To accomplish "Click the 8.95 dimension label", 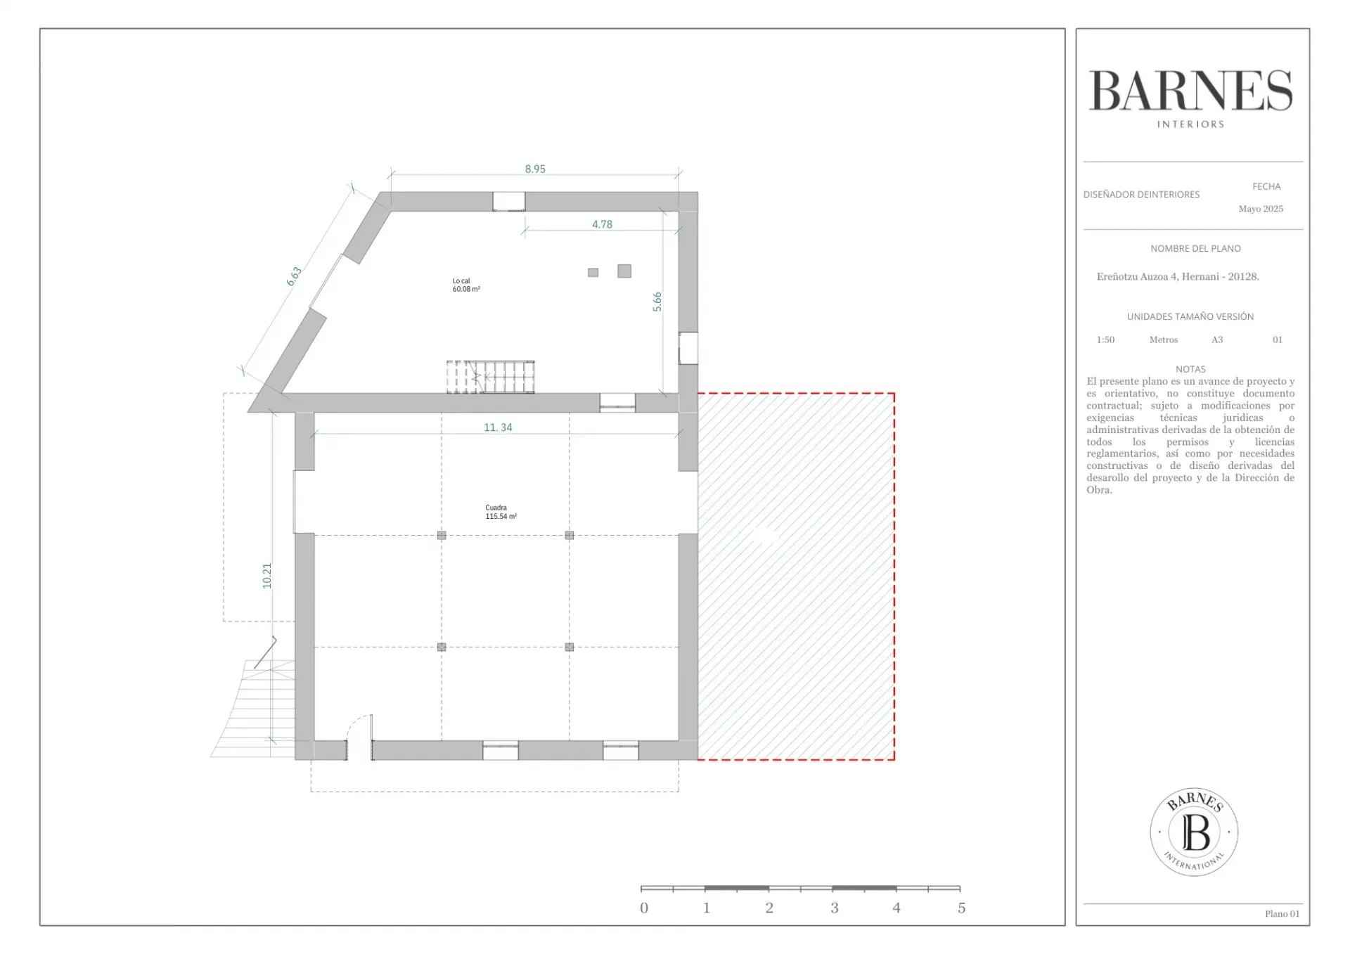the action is [535, 169].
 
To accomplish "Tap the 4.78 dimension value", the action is [602, 224].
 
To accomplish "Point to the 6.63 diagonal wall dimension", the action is [294, 276].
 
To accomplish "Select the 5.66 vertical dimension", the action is [657, 302].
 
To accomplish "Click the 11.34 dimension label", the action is [498, 427].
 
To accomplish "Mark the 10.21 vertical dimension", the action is [266, 576].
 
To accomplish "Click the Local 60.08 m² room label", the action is [466, 285].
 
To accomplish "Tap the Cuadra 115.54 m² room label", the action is [501, 512].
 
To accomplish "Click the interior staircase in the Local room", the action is [490, 377].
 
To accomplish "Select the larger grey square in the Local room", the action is [624, 271].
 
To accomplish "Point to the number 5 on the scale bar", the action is [961, 908].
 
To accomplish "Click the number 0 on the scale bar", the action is [644, 908].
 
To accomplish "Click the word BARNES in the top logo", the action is [1191, 91].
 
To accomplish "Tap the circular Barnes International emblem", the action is [1194, 832].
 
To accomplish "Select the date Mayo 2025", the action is [1261, 209].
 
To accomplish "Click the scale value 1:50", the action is [1105, 340].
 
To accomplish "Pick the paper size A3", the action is [1217, 340].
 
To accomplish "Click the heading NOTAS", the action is [1190, 369].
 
